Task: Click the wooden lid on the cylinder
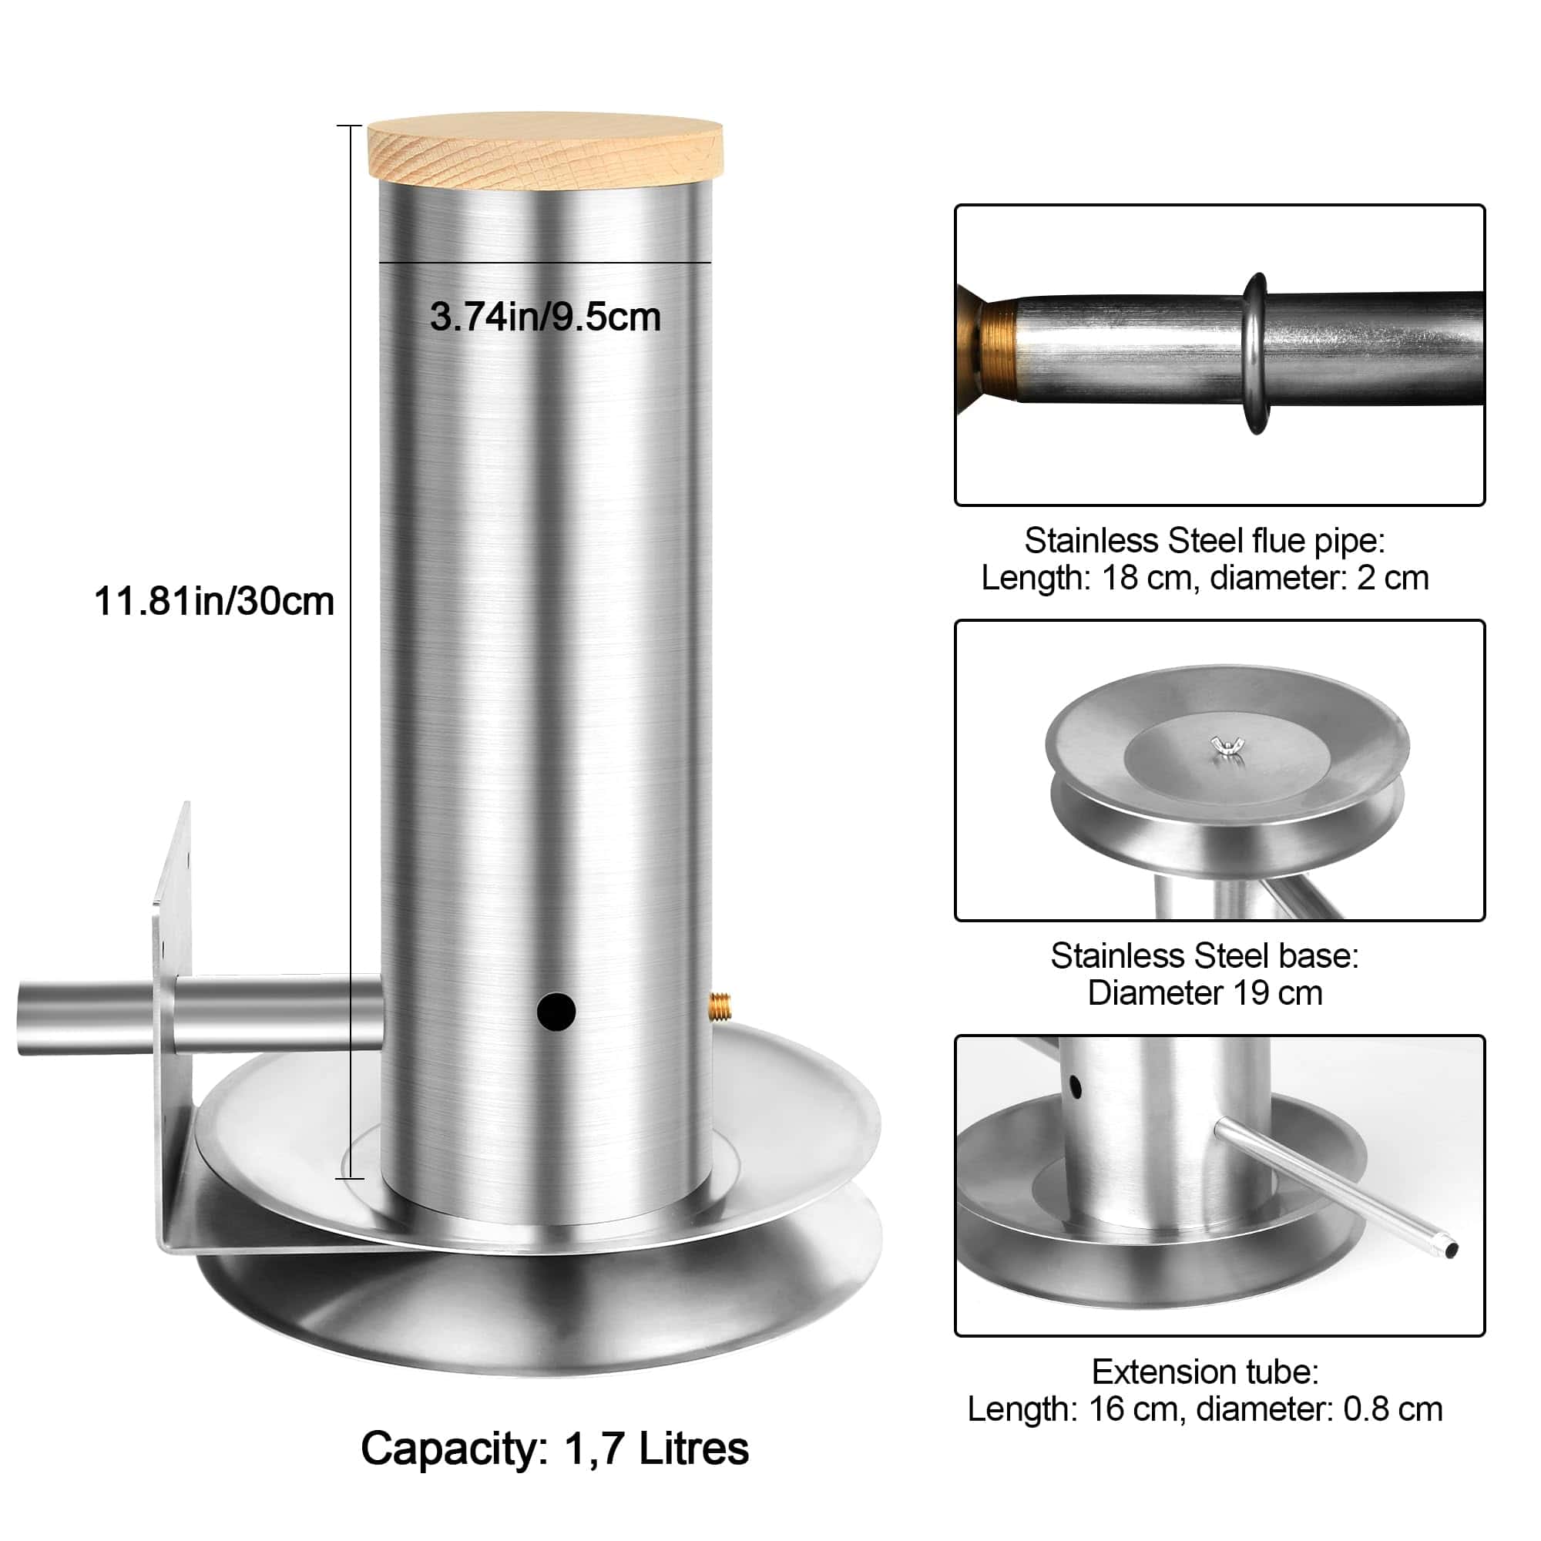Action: point(545,151)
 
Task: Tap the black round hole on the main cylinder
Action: point(556,1012)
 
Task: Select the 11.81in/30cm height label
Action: point(213,601)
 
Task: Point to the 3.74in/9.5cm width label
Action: point(546,317)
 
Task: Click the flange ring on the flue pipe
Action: point(1255,354)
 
